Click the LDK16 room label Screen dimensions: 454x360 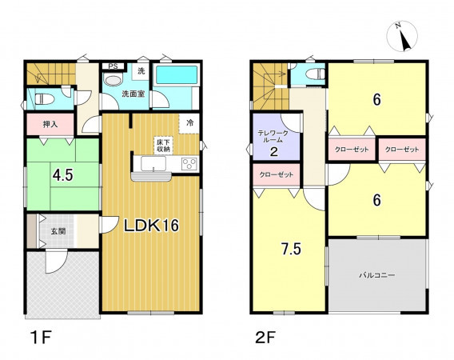point(151,226)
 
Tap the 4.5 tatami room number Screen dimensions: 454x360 point(63,175)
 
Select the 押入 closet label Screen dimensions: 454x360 point(50,124)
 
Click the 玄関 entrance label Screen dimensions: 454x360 point(58,231)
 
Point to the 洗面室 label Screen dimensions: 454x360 point(133,94)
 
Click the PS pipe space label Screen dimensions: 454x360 point(113,66)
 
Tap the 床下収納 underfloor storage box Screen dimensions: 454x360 point(164,146)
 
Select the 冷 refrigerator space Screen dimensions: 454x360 point(189,123)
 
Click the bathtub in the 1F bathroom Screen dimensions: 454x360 point(177,75)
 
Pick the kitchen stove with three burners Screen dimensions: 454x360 point(189,164)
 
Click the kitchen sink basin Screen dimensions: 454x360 point(153,164)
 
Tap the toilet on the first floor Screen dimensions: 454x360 point(44,99)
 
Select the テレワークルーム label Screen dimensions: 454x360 point(273,136)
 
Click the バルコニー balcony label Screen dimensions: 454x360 point(377,275)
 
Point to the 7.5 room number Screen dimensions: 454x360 point(292,249)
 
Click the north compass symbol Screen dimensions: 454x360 point(403,36)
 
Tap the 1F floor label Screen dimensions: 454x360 point(41,337)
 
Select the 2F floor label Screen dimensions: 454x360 point(265,337)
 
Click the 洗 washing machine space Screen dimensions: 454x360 point(141,71)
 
